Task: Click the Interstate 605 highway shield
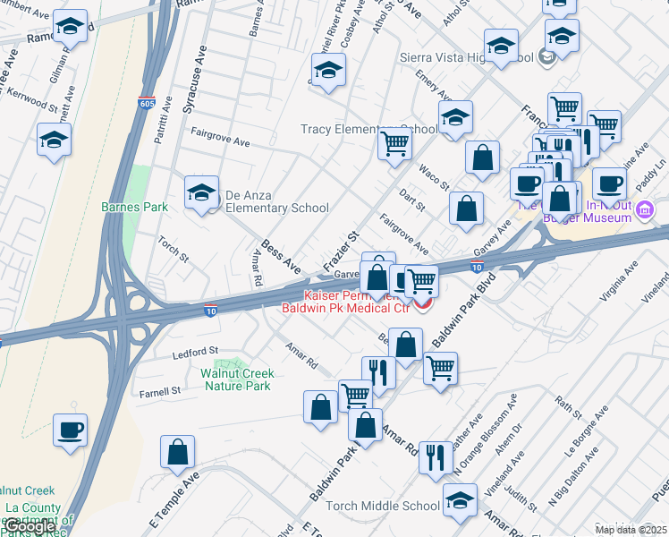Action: coord(148,103)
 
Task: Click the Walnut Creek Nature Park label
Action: coord(236,379)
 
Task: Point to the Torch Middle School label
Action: coord(383,506)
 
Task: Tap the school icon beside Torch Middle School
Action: coord(461,499)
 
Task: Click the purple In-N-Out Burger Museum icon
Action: coord(647,209)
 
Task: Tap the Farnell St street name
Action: coord(160,391)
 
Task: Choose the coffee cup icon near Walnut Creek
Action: coord(71,430)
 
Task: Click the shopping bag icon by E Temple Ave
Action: coord(178,453)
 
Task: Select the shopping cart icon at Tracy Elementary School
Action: coord(394,142)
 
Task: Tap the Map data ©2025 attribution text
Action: coord(631,530)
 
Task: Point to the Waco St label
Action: coord(435,175)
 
